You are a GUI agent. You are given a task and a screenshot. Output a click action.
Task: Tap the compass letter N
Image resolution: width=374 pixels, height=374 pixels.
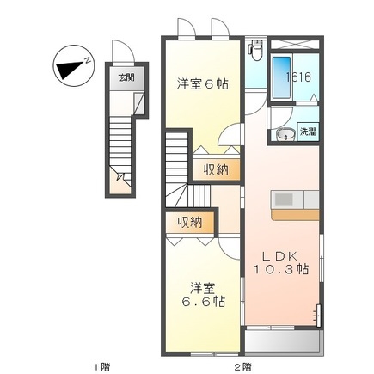click(x=88, y=60)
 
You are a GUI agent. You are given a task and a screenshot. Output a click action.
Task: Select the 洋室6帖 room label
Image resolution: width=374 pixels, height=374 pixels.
click(x=203, y=84)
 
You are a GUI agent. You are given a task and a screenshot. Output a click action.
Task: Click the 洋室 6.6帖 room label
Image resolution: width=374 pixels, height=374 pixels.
click(x=203, y=295)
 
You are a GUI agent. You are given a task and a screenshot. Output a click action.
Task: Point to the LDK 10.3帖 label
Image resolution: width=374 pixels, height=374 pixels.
click(x=281, y=262)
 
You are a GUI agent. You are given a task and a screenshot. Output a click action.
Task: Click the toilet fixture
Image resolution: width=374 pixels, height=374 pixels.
click(x=255, y=50)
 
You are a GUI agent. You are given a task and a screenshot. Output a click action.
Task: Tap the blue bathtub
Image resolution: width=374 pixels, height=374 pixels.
click(x=281, y=77)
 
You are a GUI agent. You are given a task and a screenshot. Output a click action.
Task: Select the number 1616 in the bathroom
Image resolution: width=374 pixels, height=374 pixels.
click(x=299, y=77)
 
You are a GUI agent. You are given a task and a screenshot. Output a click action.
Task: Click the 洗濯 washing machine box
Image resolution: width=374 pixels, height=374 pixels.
click(x=308, y=132)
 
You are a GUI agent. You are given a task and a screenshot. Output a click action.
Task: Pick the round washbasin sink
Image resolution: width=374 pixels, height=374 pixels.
click(x=285, y=135)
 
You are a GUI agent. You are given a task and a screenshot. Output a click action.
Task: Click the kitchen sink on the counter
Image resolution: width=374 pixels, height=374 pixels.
click(x=284, y=199)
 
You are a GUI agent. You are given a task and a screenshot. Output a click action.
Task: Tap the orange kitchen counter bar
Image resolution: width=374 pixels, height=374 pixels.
click(x=295, y=215)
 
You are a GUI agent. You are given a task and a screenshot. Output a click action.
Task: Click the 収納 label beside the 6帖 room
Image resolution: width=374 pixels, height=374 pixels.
click(x=216, y=170)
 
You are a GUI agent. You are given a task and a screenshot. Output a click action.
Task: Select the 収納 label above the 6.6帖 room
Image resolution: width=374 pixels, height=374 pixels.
click(x=189, y=222)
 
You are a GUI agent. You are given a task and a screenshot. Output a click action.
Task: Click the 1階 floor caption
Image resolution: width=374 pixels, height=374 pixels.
click(x=102, y=366)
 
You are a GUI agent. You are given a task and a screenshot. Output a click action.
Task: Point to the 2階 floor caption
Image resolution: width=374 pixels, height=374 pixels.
click(x=243, y=366)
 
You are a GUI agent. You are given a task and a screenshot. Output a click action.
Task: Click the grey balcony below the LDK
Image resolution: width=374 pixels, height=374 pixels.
click(x=284, y=342)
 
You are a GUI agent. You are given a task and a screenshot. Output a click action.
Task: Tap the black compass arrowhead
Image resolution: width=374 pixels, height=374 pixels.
click(x=70, y=70)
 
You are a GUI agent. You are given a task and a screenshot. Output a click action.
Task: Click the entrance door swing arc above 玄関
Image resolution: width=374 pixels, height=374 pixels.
click(x=123, y=51)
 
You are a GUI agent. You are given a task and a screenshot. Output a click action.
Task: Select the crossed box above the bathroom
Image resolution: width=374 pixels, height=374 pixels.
click(x=295, y=45)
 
